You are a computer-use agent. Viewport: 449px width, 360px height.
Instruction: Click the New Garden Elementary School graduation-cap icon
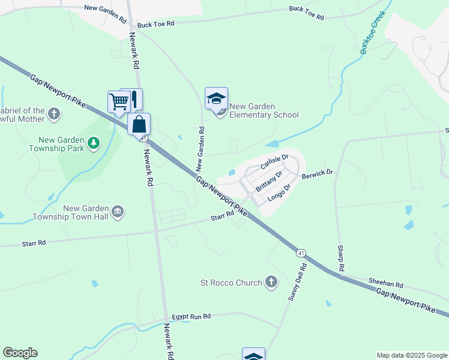[x=216, y=99]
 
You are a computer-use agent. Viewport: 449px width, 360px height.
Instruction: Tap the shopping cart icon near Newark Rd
[x=119, y=102]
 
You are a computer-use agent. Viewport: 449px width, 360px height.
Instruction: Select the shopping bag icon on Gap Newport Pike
[x=139, y=125]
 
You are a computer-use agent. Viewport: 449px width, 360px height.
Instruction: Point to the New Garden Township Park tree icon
[x=93, y=143]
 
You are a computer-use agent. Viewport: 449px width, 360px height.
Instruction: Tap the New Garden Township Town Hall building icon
[x=118, y=211]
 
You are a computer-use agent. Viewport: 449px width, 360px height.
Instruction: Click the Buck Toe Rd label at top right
[x=306, y=14]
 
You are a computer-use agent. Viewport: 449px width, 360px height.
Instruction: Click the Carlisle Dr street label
[x=275, y=161]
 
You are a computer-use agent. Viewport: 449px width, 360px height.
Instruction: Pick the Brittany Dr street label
[x=268, y=181]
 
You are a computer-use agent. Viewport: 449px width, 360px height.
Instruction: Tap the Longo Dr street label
[x=279, y=192]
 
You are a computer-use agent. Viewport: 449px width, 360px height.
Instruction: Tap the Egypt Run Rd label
[x=191, y=316]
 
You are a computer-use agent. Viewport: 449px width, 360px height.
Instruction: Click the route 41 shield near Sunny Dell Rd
[x=300, y=253]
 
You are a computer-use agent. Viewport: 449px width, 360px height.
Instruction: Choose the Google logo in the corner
[x=20, y=353]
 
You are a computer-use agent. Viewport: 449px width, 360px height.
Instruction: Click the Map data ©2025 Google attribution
[x=411, y=355]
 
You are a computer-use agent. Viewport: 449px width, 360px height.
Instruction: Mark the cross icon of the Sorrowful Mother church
[x=54, y=113]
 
